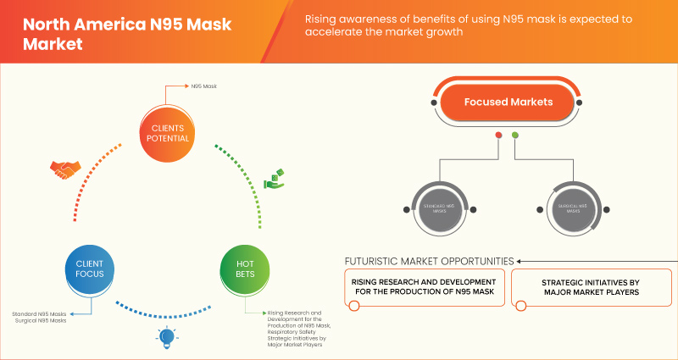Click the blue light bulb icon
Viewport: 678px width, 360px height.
pos(167,338)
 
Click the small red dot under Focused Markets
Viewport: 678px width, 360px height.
pos(498,135)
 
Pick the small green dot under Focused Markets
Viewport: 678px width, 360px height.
pos(515,135)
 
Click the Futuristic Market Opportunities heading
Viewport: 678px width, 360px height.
pos(428,260)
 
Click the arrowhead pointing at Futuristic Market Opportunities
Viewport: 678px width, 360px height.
pos(520,261)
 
